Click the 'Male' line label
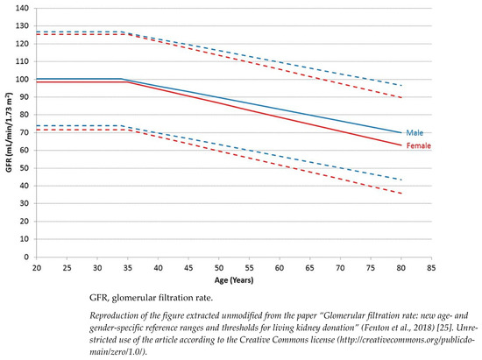[413, 132]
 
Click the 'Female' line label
[417, 145]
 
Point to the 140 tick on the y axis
[23, 8]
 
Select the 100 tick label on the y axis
[23, 79]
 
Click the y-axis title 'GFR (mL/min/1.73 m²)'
[9, 131]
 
